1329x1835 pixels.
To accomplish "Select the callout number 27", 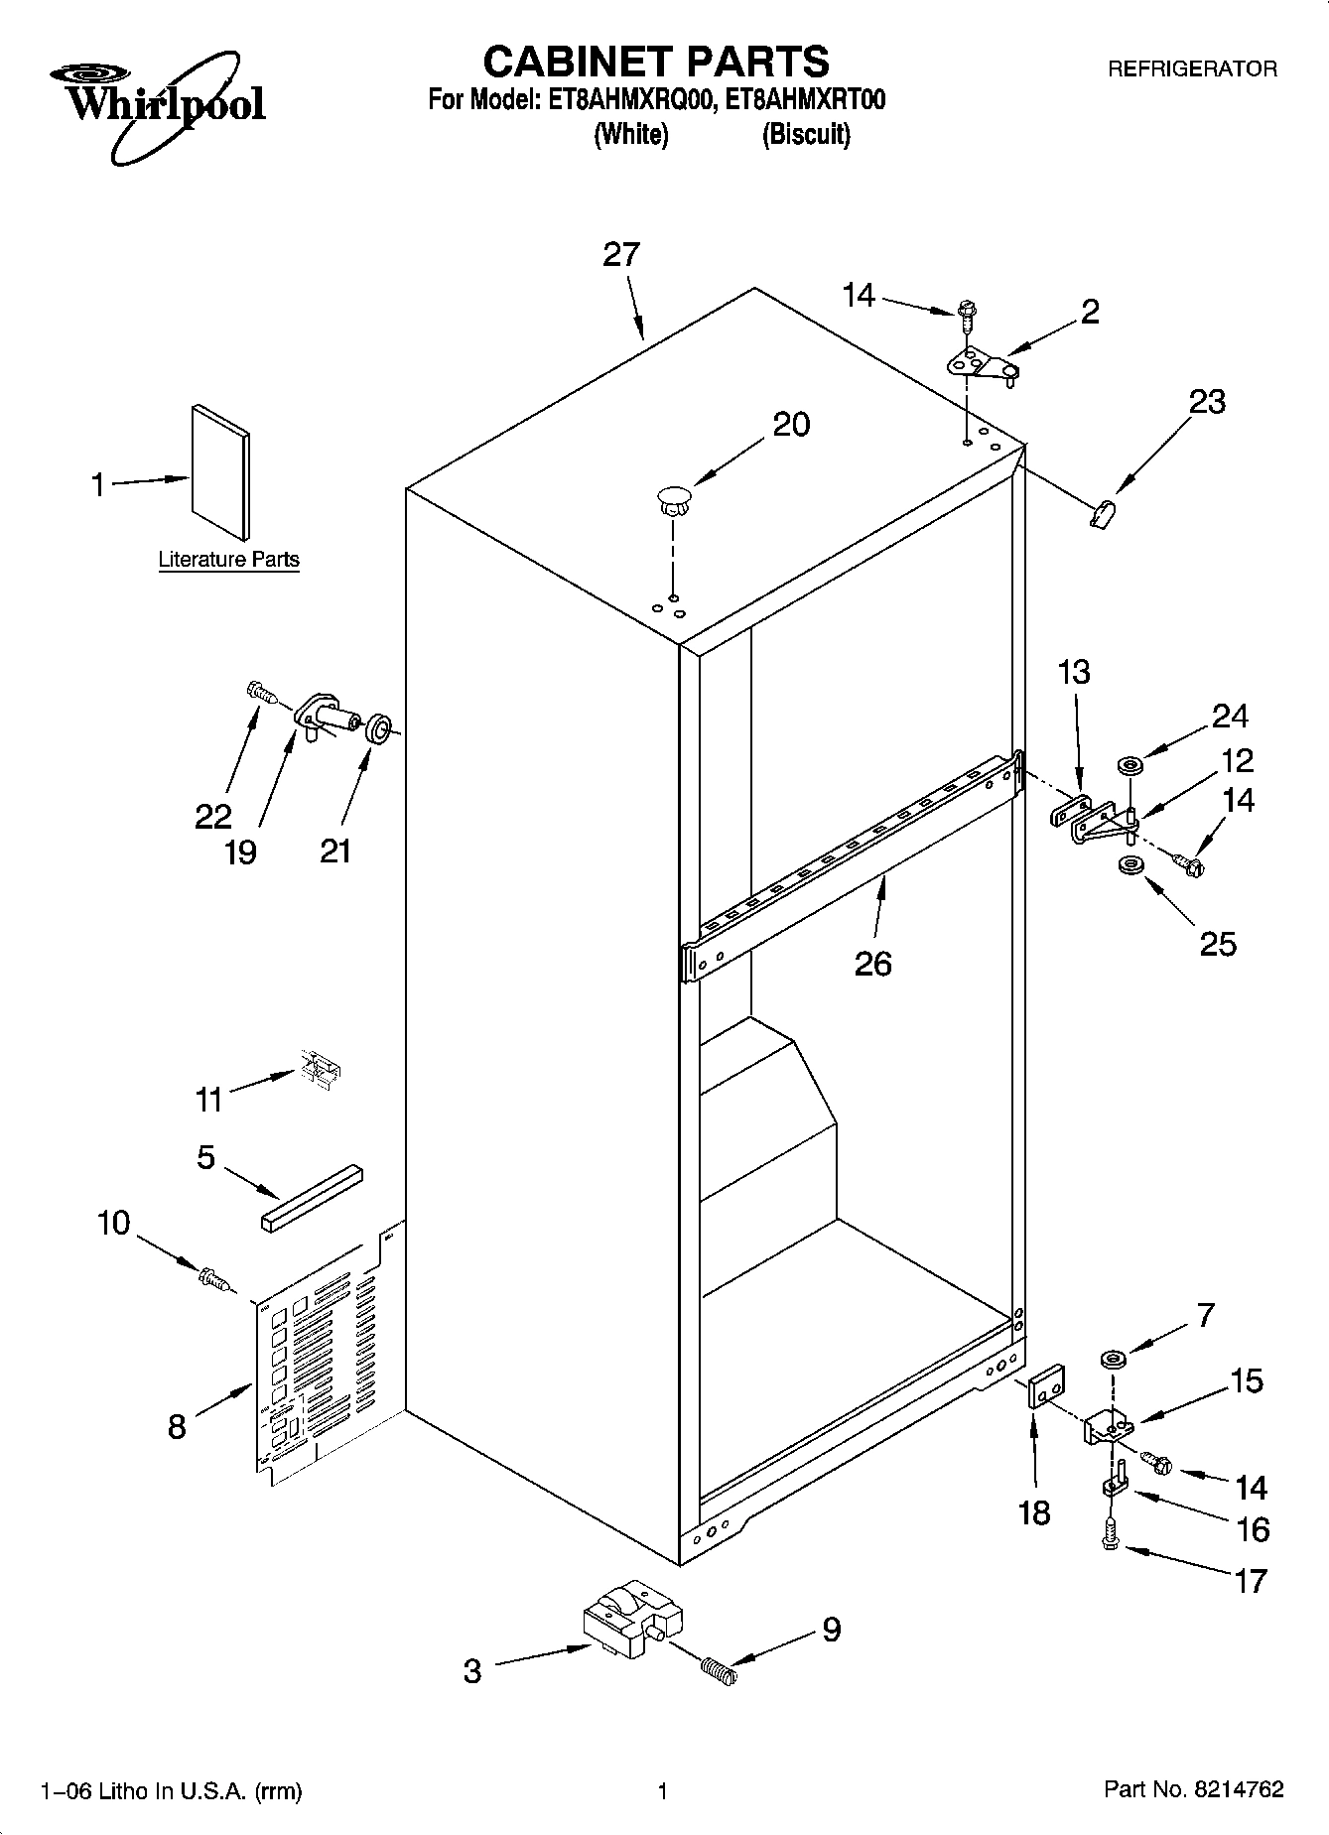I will (x=621, y=255).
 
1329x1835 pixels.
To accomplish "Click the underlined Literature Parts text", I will (x=228, y=560).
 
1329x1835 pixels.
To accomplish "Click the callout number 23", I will (x=1207, y=402).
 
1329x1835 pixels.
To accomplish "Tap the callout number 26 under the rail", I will (x=872, y=963).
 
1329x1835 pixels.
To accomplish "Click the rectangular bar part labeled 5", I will (x=313, y=1198).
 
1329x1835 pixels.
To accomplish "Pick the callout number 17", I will (x=1250, y=1580).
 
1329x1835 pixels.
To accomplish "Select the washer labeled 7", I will (x=1112, y=1358).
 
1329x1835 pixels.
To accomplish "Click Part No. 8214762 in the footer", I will (x=1193, y=1789).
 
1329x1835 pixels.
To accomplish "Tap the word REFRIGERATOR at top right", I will (x=1192, y=69).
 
